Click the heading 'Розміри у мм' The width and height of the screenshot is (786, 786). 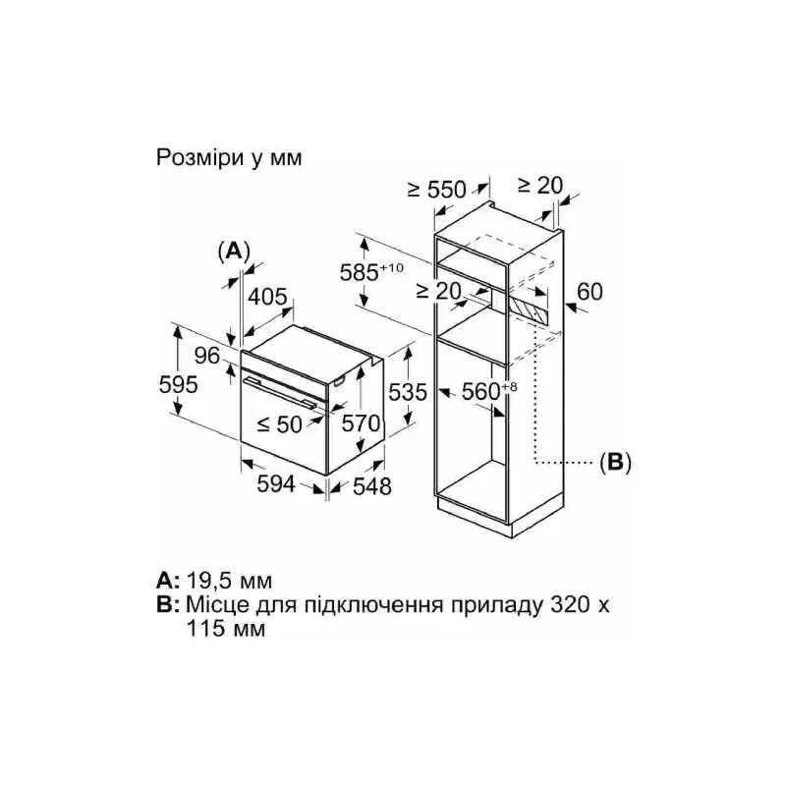[229, 158]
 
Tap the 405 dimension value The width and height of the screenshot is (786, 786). [267, 297]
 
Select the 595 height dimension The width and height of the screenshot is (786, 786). [179, 385]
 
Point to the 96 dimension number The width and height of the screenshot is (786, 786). [207, 356]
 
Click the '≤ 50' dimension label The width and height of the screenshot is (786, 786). [280, 425]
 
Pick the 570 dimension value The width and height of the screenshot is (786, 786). [361, 423]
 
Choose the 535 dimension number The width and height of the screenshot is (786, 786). [408, 392]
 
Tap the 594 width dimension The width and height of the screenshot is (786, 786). [276, 484]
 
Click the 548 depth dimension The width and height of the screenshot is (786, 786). [372, 486]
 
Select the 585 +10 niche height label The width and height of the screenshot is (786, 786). [371, 272]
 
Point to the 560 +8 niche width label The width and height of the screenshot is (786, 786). [488, 391]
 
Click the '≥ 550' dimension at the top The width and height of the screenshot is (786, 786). [437, 190]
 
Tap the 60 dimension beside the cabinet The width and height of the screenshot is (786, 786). [590, 292]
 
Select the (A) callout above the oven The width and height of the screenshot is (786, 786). [234, 252]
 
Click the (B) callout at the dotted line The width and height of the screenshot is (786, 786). [616, 462]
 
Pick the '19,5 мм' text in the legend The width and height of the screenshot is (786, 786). [230, 581]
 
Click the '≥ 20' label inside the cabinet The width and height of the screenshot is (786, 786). [438, 291]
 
